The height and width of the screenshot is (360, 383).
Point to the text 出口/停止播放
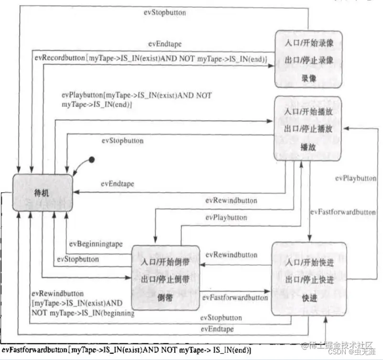pyautogui.click(x=309, y=130)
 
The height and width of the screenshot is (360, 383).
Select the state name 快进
pyautogui.click(x=309, y=297)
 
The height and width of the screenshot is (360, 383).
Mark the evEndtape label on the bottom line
pyautogui.click(x=217, y=329)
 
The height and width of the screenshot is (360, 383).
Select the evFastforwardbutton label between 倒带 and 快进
pyautogui.click(x=235, y=297)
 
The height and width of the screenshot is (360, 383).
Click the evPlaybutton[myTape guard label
pyautogui.click(x=137, y=99)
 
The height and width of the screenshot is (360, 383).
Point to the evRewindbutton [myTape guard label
pyautogui.click(x=80, y=303)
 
